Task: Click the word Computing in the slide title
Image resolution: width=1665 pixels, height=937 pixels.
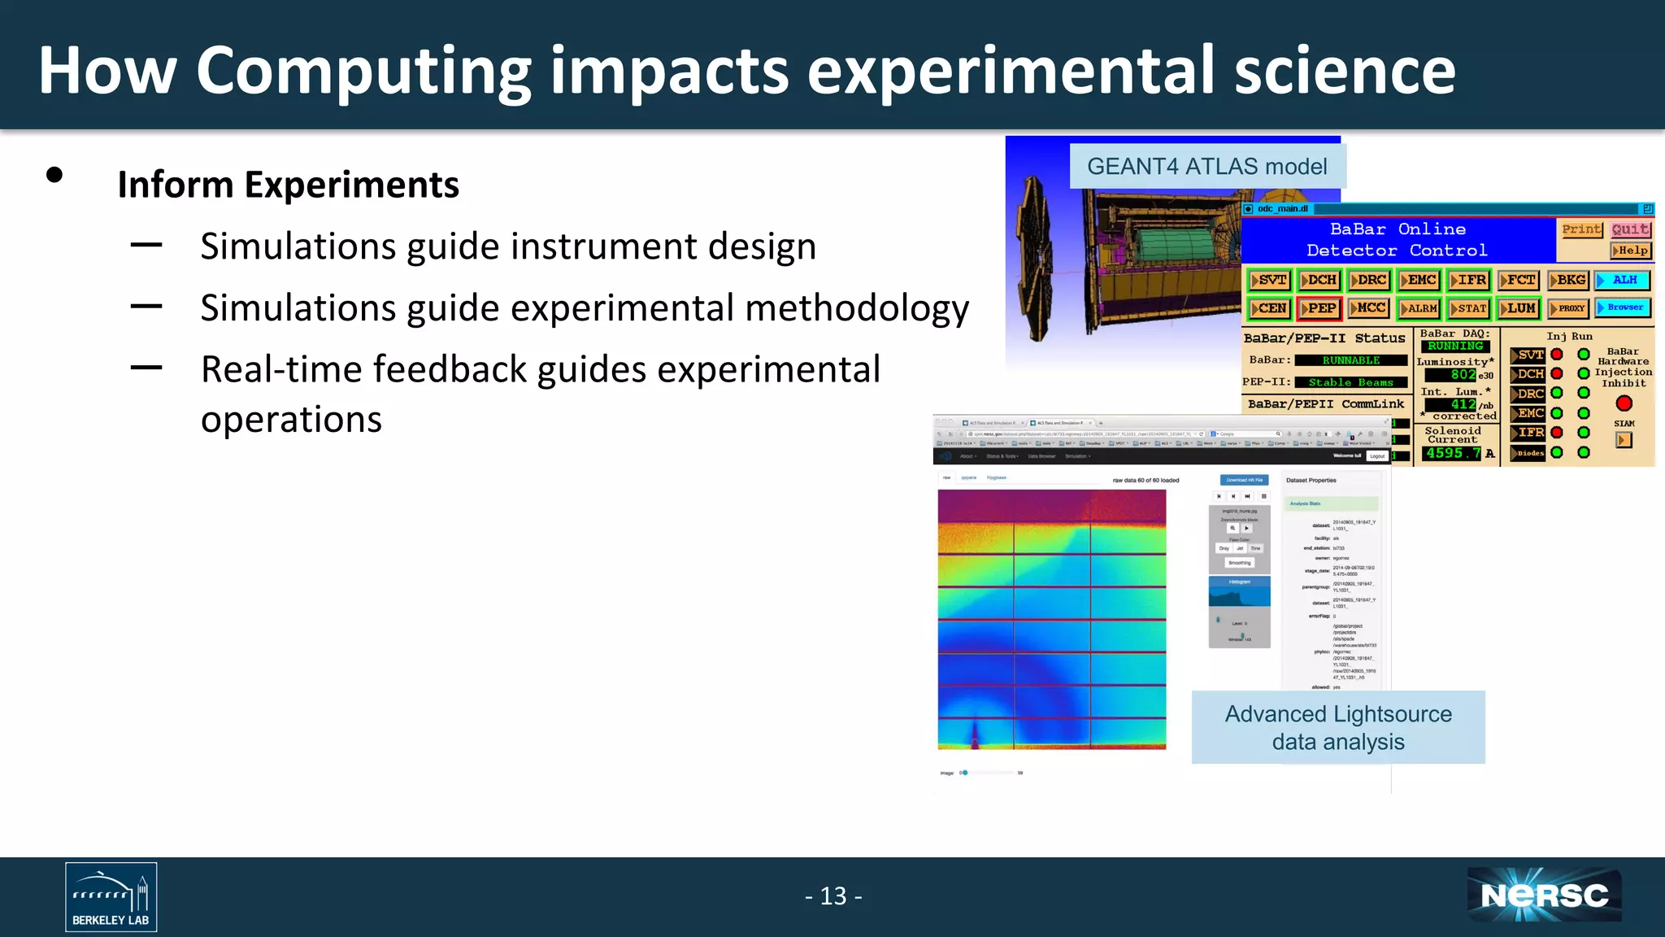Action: click(363, 72)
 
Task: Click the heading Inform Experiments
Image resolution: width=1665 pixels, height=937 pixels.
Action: click(288, 185)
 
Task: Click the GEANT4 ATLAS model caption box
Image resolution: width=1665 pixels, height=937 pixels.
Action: click(1206, 167)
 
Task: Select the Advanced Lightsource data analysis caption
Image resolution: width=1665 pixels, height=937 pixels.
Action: click(1337, 727)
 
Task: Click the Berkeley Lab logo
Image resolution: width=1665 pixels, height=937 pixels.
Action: click(111, 896)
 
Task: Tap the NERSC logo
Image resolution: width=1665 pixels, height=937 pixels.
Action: click(1544, 896)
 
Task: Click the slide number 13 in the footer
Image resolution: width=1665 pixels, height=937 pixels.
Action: click(833, 896)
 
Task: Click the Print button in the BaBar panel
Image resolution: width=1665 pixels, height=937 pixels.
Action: click(1580, 229)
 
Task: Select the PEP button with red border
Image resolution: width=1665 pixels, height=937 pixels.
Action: click(1319, 308)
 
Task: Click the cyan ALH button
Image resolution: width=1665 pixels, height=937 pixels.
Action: click(1623, 280)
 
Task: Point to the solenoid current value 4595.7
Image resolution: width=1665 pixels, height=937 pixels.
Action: click(1453, 453)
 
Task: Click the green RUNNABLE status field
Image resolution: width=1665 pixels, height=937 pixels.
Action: click(1350, 360)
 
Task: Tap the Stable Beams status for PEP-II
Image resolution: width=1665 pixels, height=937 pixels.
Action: click(1350, 382)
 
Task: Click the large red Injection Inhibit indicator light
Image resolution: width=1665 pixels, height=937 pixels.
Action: click(1624, 403)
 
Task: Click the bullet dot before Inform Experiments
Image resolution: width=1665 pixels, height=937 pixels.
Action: click(54, 175)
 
